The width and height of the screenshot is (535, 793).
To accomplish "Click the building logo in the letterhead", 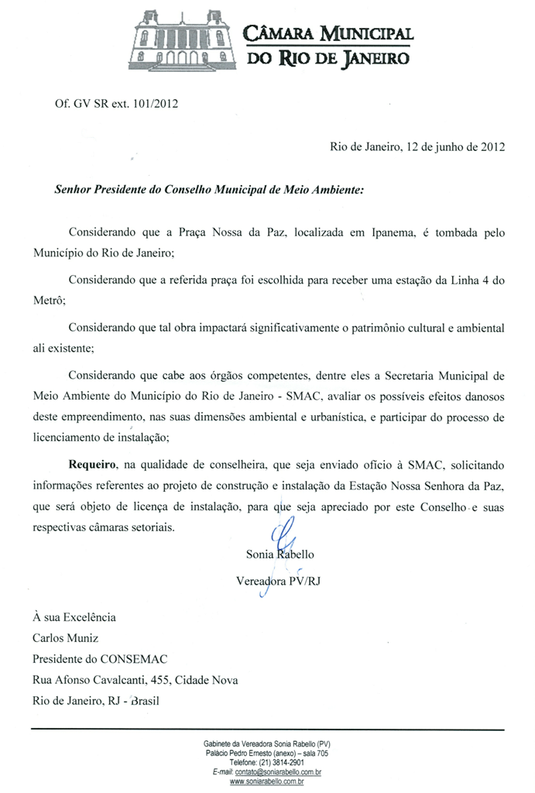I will tap(183, 39).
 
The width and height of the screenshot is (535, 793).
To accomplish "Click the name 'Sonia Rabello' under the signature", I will tap(280, 554).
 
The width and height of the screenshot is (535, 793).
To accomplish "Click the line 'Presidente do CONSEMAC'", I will tap(100, 660).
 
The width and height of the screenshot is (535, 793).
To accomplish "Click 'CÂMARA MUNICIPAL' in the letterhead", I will tap(328, 33).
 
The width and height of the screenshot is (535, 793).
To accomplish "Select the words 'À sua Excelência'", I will tap(74, 617).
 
